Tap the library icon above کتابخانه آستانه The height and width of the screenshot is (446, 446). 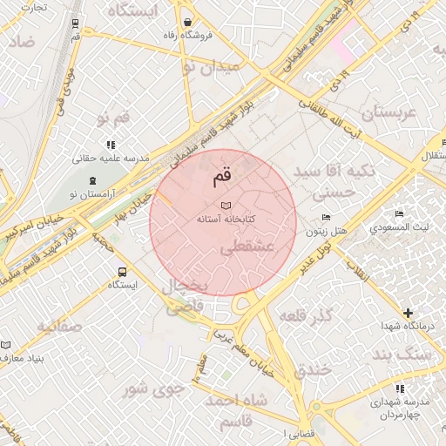pos(226,204)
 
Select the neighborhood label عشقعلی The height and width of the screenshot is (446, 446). pos(247,247)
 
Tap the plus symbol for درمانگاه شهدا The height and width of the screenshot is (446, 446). pos(407,312)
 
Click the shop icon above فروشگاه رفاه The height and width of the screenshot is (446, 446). pos(188,22)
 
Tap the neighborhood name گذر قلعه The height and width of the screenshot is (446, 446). pos(307,314)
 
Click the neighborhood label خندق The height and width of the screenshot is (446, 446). pos(314,369)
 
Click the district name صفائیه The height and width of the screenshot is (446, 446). pos(58,327)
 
